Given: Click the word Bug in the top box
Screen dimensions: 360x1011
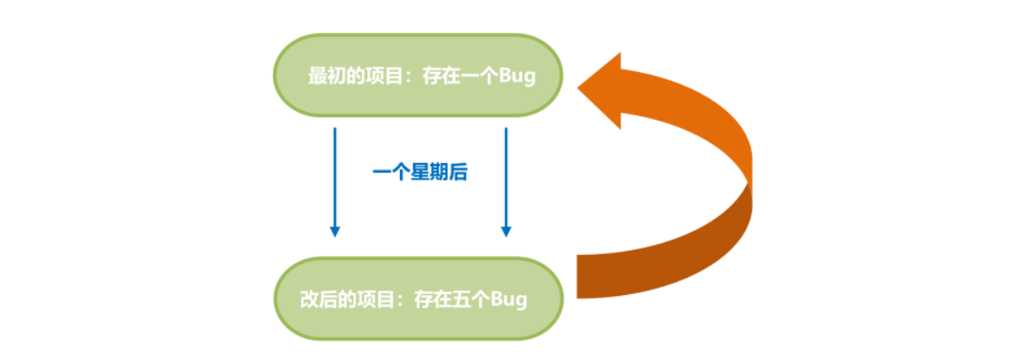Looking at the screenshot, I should point(517,76).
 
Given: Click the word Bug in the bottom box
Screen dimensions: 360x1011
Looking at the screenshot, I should point(509,299).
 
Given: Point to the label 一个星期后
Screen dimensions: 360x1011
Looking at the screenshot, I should point(420,173).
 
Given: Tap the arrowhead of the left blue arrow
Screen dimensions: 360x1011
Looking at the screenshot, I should point(335,231).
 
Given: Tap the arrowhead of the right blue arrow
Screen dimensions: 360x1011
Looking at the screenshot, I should point(506,231).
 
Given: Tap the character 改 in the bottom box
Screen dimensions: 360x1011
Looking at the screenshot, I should point(309,299).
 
